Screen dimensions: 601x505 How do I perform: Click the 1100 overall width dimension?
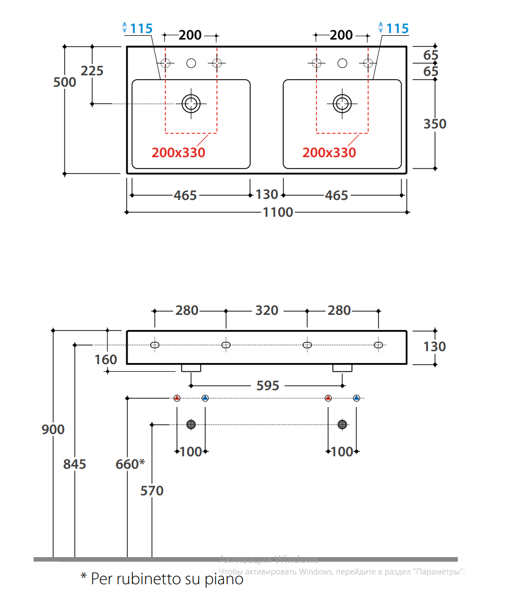pyautogui.click(x=278, y=212)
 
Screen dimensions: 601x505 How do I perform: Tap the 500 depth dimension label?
pyautogui.click(x=65, y=82)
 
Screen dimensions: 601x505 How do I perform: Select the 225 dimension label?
pyautogui.click(x=92, y=70)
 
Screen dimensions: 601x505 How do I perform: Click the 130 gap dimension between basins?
pyautogui.click(x=266, y=195)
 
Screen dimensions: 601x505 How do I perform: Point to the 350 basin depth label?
pyautogui.click(x=434, y=124)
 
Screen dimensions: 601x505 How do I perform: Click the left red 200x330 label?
pyautogui.click(x=178, y=153)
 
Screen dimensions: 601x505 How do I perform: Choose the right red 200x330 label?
pyautogui.click(x=329, y=153)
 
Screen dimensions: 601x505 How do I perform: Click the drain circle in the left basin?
pyautogui.click(x=191, y=102)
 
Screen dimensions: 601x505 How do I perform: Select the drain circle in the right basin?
pyautogui.click(x=342, y=102)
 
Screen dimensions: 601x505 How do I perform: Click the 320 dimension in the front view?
pyautogui.click(x=266, y=311)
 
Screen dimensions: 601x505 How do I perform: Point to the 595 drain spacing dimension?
pyautogui.click(x=267, y=385)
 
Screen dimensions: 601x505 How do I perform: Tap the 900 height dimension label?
pyautogui.click(x=53, y=430)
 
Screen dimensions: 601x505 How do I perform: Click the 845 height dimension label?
pyautogui.click(x=74, y=464)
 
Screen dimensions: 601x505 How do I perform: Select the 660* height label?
pyautogui.click(x=130, y=464)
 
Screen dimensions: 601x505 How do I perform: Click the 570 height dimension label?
pyautogui.click(x=152, y=491)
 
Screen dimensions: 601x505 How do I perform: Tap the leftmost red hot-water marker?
pyautogui.click(x=177, y=398)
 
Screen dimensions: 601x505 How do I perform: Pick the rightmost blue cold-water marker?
pyautogui.click(x=356, y=398)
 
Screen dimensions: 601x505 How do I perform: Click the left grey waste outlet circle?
pyautogui.click(x=191, y=424)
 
